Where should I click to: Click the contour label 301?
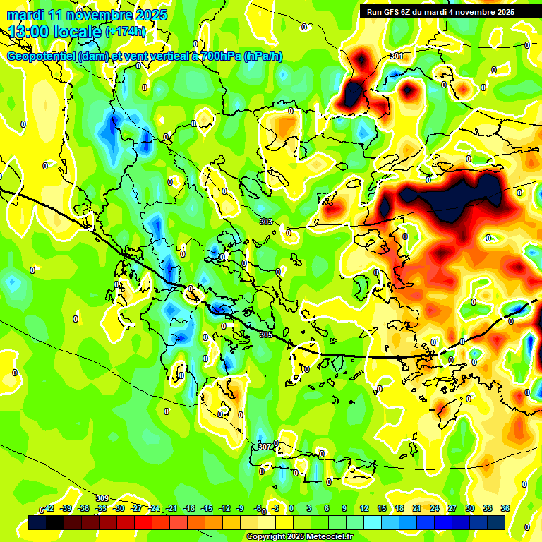(x=397, y=56)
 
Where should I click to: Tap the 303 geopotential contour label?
(x=266, y=222)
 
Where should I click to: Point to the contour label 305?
(x=266, y=335)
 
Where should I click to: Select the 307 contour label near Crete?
(x=265, y=447)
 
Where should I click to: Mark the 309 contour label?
(x=102, y=499)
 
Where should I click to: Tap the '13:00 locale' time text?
(x=55, y=31)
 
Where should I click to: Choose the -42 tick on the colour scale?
(x=49, y=508)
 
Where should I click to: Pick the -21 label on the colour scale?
(x=171, y=508)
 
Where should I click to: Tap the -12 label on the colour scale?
(x=224, y=508)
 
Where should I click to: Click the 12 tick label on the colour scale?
(x=364, y=508)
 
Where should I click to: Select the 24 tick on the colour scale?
(x=435, y=508)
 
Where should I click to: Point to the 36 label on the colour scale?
(x=505, y=508)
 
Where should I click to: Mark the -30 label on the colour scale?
(x=119, y=508)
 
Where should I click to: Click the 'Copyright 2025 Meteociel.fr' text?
(x=300, y=536)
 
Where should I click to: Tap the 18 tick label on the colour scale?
(x=399, y=508)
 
